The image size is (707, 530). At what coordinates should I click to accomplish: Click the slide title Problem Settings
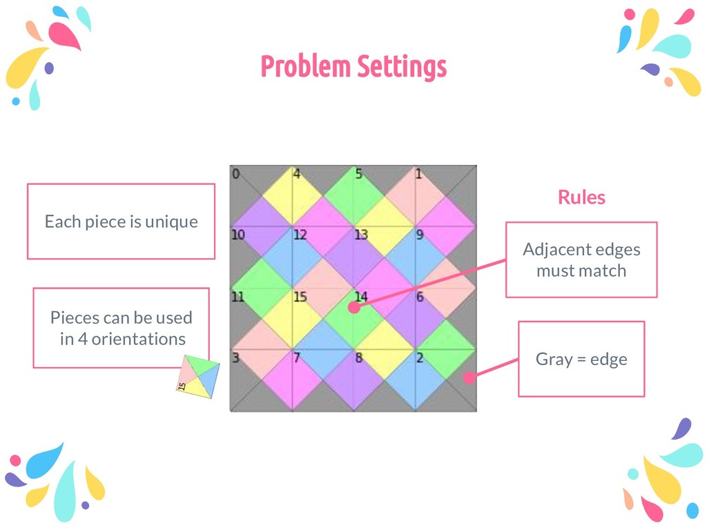(x=353, y=67)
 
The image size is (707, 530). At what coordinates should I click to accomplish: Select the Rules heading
(x=581, y=197)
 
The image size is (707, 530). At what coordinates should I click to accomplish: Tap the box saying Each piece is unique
(x=121, y=222)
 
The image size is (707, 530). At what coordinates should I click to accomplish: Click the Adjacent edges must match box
(x=581, y=259)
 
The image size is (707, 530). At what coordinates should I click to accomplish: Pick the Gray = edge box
(x=581, y=359)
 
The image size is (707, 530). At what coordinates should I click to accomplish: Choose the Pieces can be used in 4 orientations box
(x=122, y=328)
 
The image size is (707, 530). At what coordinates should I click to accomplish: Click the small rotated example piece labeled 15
(x=198, y=377)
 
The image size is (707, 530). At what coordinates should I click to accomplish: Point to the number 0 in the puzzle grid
(x=235, y=174)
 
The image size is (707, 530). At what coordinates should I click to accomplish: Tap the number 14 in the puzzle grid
(x=361, y=297)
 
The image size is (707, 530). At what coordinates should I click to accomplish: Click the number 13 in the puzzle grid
(x=361, y=235)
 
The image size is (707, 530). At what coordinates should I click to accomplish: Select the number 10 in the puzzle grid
(x=238, y=235)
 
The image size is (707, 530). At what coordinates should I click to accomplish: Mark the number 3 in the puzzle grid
(x=235, y=357)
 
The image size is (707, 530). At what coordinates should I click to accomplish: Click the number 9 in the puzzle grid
(x=420, y=235)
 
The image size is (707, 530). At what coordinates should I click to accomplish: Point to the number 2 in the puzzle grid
(x=420, y=357)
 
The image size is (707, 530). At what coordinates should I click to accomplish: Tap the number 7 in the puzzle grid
(x=297, y=357)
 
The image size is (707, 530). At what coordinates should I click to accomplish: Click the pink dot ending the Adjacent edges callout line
(x=354, y=307)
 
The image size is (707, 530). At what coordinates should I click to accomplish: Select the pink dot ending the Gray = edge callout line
(x=469, y=377)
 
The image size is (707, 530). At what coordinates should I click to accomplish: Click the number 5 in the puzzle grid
(x=358, y=174)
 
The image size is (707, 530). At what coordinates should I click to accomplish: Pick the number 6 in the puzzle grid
(x=420, y=297)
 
